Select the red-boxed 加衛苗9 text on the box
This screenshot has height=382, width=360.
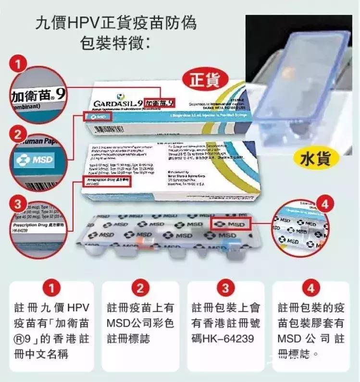click(x=159, y=102)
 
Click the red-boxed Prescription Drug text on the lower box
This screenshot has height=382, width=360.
click(x=102, y=180)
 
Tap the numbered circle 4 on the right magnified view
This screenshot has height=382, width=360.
click(x=325, y=205)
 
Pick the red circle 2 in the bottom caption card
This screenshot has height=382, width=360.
click(x=140, y=289)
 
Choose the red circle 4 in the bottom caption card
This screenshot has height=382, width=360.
click(x=311, y=289)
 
